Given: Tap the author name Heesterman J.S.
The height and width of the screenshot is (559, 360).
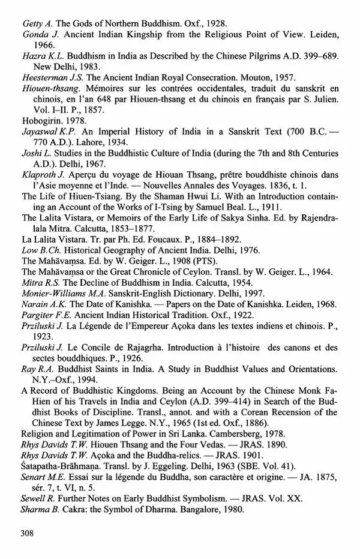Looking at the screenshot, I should pos(49,78).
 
